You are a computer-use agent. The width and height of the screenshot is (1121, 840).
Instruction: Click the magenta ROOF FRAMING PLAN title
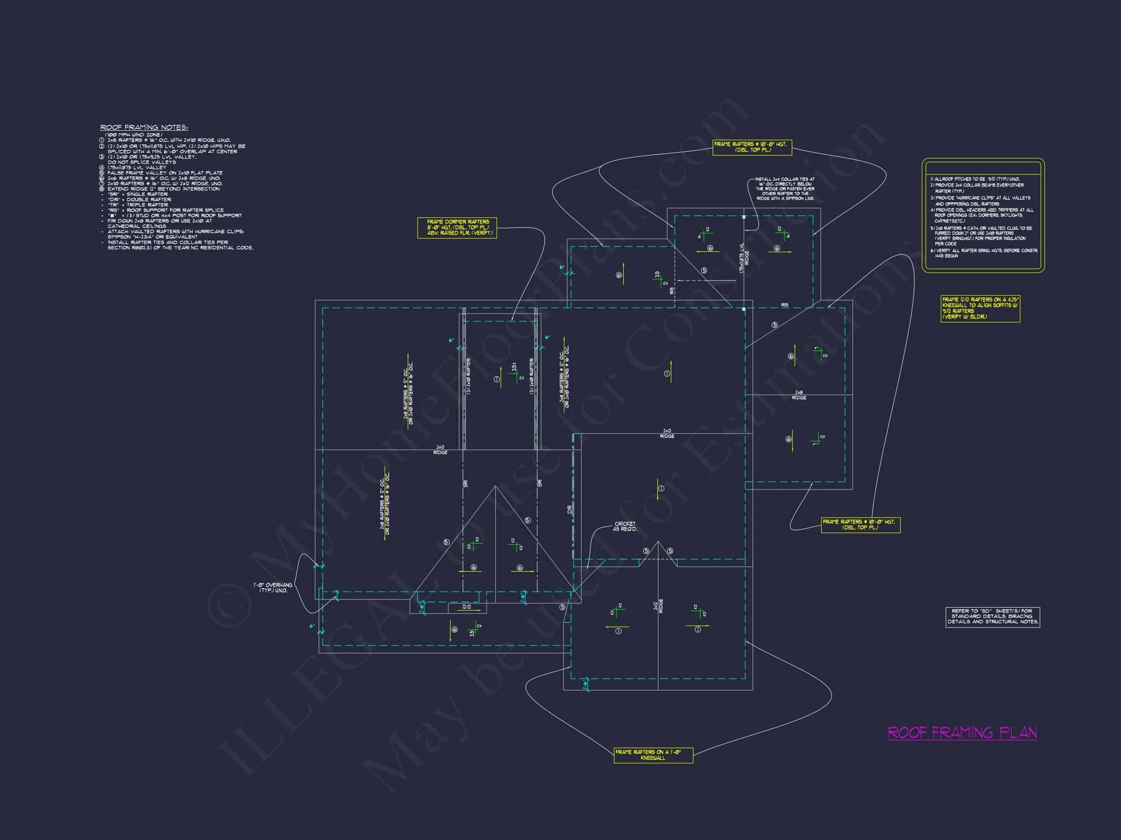click(x=962, y=733)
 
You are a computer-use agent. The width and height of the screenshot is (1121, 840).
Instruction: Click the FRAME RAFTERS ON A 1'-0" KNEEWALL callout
click(x=653, y=755)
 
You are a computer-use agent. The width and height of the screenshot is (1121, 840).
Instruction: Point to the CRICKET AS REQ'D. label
click(x=624, y=526)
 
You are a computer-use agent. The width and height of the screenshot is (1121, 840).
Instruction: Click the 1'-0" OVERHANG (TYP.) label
click(x=272, y=588)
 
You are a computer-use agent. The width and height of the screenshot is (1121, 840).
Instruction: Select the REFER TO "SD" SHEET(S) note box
click(x=992, y=616)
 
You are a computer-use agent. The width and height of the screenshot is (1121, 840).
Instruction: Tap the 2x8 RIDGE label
click(x=799, y=395)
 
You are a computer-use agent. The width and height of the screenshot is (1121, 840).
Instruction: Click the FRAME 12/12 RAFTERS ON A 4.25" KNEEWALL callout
click(x=979, y=308)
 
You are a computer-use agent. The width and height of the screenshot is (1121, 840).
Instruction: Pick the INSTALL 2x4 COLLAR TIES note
click(x=784, y=188)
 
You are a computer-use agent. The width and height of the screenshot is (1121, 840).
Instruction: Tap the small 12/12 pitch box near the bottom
click(x=467, y=607)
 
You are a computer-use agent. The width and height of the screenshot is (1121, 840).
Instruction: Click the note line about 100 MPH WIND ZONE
click(x=133, y=135)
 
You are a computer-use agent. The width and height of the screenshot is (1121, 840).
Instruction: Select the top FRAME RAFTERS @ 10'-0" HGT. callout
click(x=752, y=147)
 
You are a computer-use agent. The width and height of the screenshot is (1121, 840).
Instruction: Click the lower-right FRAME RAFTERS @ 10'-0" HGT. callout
click(x=860, y=525)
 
